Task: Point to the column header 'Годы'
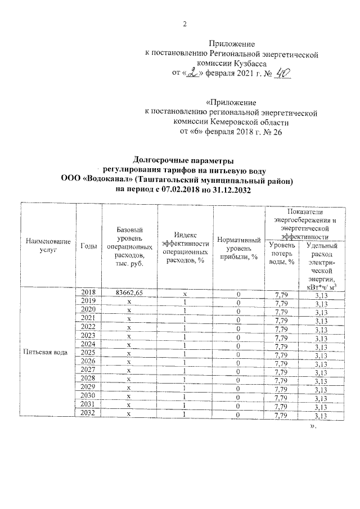88,246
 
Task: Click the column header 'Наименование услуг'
48,246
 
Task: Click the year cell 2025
88,352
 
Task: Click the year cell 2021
88,318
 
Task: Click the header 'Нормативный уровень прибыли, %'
238,248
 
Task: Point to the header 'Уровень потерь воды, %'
282,254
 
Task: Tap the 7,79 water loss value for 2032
280,415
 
